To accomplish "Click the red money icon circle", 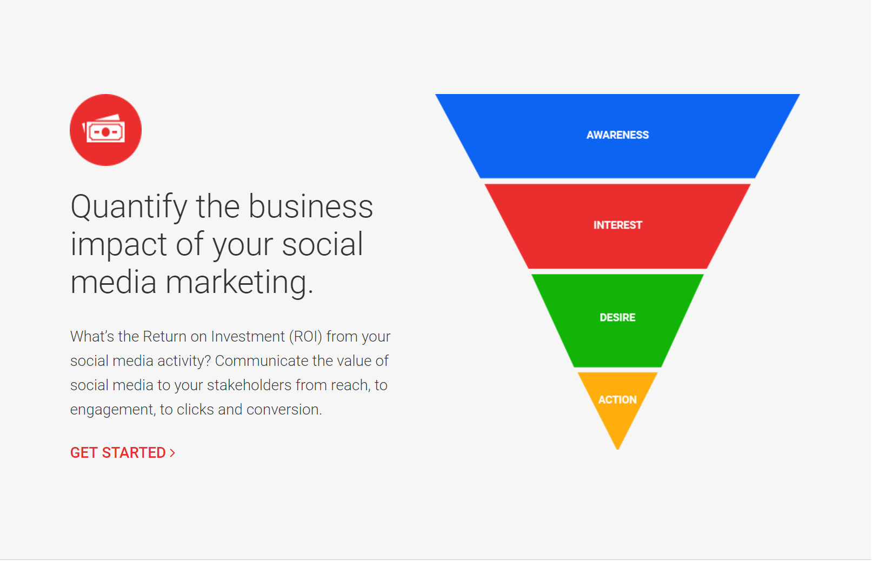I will click(105, 130).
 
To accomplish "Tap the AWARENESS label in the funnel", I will click(617, 135).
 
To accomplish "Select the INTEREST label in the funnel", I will click(617, 225).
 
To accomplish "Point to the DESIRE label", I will click(617, 317).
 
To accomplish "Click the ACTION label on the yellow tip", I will click(617, 400).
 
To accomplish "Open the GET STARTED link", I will click(118, 453).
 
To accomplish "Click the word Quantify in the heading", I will click(129, 207).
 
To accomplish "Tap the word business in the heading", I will click(310, 207).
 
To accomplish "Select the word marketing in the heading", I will click(239, 283).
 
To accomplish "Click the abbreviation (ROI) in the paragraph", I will click(305, 337).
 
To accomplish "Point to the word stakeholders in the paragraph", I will click(249, 385).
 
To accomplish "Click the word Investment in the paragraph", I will click(248, 337).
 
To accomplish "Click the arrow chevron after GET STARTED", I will click(172, 453).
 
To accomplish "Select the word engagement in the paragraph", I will click(112, 410).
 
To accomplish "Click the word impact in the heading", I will click(118, 245).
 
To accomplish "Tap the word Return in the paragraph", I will click(164, 337).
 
